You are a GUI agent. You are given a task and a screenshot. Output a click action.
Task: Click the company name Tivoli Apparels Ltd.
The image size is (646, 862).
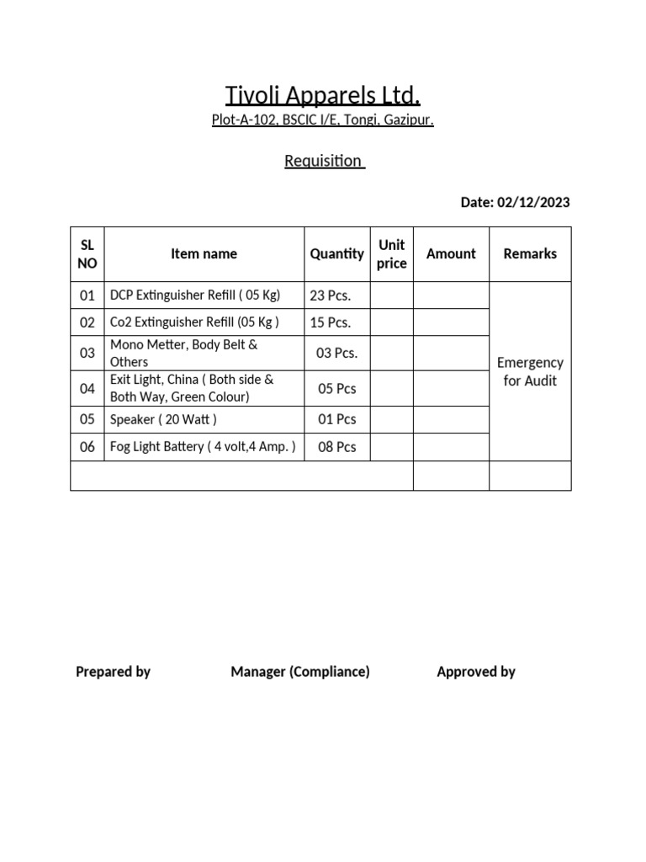323,95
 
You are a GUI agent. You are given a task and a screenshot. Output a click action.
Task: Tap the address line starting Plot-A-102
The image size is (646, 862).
323,120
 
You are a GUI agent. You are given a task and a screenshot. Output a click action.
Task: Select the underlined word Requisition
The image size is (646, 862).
324,161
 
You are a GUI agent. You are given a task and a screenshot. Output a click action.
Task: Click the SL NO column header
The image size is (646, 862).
87,253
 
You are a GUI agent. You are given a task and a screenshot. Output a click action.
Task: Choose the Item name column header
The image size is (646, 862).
204,253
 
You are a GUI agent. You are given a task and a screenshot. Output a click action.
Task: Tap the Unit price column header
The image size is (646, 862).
392,253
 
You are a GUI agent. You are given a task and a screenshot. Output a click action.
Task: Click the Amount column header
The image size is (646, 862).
451,253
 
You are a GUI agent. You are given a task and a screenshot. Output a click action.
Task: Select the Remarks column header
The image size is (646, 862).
530,253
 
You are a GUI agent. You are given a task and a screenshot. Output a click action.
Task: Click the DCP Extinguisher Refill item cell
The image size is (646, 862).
195,295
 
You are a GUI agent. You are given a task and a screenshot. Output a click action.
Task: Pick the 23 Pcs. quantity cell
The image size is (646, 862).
331,295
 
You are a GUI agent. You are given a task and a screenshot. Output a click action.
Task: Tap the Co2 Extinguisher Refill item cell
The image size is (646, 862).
194,322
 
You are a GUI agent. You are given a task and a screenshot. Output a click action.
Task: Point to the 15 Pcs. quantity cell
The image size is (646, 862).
331,322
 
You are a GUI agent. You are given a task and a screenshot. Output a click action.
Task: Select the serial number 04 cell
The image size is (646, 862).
87,388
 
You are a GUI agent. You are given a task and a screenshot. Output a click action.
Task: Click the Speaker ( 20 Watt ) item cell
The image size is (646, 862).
163,419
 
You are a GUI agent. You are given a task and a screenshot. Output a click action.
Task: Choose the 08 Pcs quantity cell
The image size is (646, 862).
336,447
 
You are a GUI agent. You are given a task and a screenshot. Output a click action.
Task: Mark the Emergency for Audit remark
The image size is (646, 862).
530,371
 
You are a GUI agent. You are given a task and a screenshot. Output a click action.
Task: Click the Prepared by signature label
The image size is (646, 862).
113,672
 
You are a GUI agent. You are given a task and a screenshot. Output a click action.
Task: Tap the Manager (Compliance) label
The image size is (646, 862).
300,672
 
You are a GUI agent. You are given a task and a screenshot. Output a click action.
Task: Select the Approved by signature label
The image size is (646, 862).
476,672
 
